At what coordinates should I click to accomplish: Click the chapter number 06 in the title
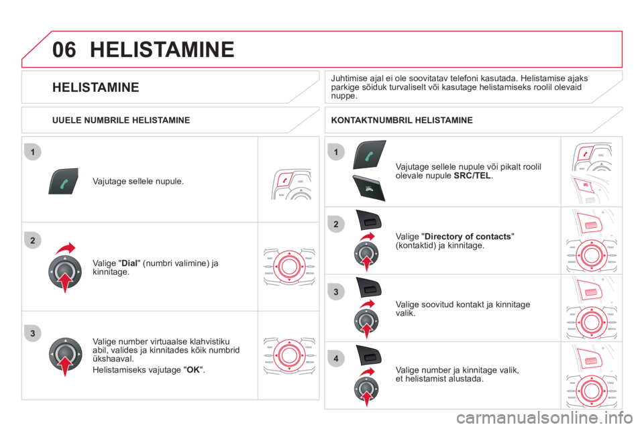click(x=64, y=50)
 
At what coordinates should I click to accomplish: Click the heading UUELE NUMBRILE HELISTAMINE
click(x=121, y=120)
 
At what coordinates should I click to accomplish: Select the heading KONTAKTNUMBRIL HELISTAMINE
click(x=402, y=120)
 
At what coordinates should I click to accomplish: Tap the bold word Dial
click(x=129, y=263)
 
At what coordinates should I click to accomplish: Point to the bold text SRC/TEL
click(x=472, y=176)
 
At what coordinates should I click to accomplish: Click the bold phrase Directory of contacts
click(x=468, y=237)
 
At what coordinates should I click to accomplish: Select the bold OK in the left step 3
click(x=193, y=370)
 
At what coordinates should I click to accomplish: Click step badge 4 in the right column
click(x=336, y=359)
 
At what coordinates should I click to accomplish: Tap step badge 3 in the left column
click(x=33, y=333)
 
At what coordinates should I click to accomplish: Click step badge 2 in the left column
click(x=33, y=241)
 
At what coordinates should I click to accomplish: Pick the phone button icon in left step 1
click(x=63, y=181)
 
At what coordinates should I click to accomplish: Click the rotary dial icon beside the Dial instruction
click(x=65, y=271)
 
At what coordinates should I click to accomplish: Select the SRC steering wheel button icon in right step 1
click(x=369, y=188)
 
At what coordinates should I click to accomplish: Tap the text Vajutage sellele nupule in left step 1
click(x=138, y=182)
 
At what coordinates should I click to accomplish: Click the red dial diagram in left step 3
click(x=289, y=355)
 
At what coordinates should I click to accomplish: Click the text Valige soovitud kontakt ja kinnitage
click(x=463, y=304)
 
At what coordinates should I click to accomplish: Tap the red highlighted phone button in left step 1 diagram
click(x=284, y=180)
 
